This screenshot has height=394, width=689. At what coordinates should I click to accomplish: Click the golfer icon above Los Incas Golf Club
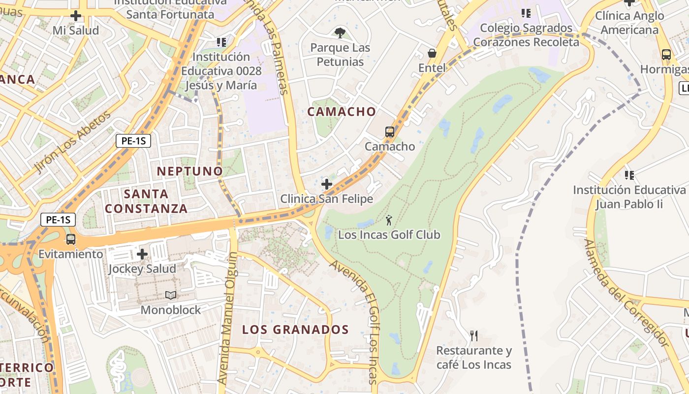tap(389, 220)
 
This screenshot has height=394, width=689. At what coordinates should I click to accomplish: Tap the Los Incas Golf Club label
tap(389, 235)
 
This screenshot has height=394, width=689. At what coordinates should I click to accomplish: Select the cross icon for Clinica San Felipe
tap(326, 184)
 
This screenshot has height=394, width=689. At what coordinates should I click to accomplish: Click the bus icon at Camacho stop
tap(389, 132)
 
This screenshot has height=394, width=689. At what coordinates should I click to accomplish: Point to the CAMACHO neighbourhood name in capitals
tap(342, 112)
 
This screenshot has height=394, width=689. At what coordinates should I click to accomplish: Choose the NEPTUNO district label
tap(189, 171)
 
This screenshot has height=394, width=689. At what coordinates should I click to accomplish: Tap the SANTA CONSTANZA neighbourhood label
tap(146, 201)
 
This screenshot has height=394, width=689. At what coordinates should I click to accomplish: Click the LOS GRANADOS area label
tap(295, 329)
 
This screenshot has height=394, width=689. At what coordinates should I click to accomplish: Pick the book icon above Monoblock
tap(171, 295)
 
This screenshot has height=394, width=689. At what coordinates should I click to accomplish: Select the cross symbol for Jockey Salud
tap(142, 254)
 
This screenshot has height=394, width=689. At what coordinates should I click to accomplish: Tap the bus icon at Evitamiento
tap(71, 239)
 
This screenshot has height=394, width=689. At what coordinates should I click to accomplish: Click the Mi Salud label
tap(76, 31)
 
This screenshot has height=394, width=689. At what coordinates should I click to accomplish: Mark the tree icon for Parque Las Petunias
tap(340, 33)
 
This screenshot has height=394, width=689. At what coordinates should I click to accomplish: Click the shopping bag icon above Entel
tap(432, 53)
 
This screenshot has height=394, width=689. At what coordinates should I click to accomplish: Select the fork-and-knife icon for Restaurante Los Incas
tap(474, 336)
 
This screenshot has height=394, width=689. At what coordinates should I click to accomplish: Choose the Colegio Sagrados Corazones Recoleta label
tap(526, 35)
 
